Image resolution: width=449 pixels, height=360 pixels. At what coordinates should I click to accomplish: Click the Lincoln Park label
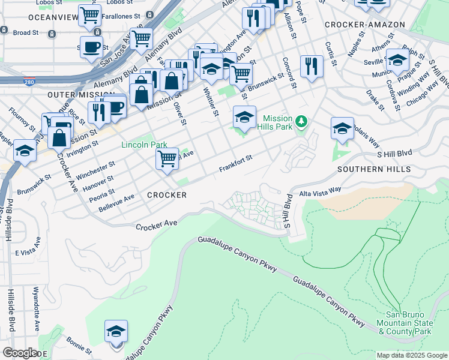(144, 145)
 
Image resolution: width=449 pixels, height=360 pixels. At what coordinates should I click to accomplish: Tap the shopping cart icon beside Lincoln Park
(167, 160)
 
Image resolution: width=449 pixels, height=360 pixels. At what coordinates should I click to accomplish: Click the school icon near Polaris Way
(342, 128)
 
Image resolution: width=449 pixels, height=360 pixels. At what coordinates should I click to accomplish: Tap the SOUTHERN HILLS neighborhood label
(373, 169)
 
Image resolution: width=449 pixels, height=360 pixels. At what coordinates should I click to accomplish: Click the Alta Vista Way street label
(320, 190)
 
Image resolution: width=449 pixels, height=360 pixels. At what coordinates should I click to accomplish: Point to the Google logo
(20, 353)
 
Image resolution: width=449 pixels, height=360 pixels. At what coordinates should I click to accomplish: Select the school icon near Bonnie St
(116, 332)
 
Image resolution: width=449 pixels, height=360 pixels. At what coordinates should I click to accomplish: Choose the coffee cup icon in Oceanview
(91, 47)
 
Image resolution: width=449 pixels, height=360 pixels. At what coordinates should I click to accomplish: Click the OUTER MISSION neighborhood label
(81, 95)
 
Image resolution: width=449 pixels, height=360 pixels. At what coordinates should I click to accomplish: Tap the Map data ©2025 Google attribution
(411, 355)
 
